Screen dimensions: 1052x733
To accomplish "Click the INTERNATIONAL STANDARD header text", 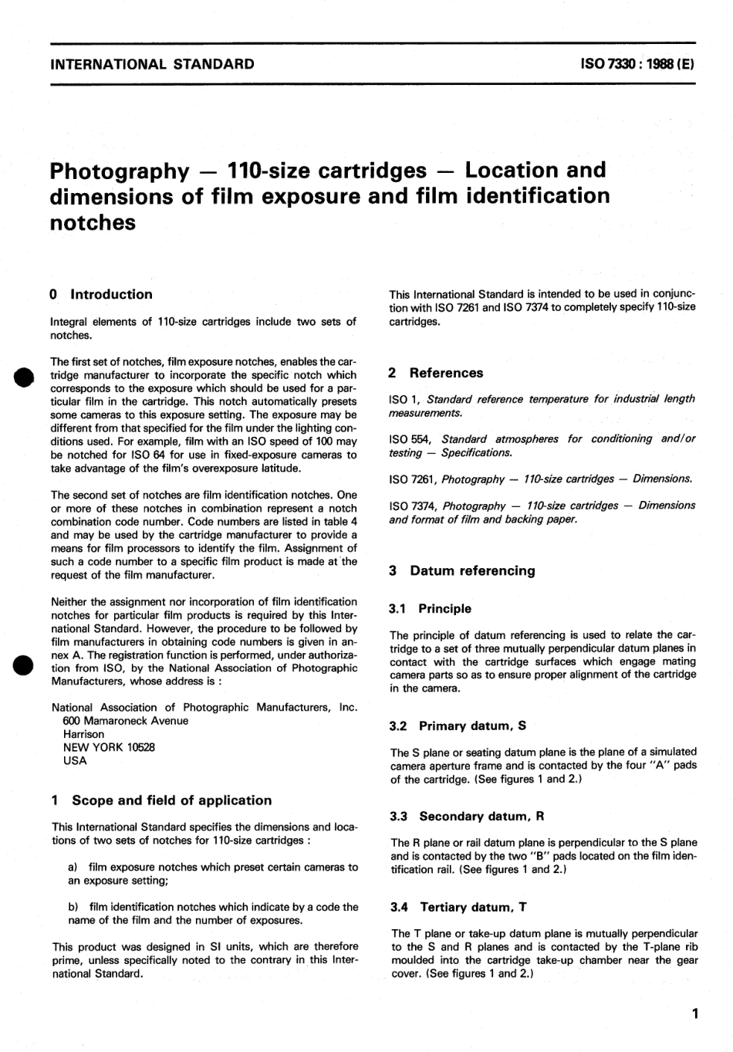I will [152, 64].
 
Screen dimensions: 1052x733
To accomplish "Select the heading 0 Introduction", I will [100, 294].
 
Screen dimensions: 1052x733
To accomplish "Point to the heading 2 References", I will [435, 373].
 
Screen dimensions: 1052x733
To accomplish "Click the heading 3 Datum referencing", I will [461, 571].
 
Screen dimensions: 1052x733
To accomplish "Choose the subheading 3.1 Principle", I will [430, 609].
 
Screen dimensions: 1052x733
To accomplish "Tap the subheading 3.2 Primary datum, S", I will [458, 726].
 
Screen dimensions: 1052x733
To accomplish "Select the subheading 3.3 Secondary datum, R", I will [467, 817].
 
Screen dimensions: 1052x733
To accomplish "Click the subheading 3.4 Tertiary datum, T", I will [458, 908].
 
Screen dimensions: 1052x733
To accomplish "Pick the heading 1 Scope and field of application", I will [160, 800].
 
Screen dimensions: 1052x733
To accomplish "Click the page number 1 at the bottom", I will [695, 1014].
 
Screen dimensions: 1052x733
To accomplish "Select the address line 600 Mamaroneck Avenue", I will [125, 721].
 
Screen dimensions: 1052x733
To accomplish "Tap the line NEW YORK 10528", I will [108, 747].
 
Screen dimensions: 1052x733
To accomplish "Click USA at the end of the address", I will [75, 760].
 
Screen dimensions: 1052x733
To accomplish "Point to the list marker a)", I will [74, 868].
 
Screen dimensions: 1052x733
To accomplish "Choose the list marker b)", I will [74, 907].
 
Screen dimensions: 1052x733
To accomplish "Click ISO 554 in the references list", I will [406, 439].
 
